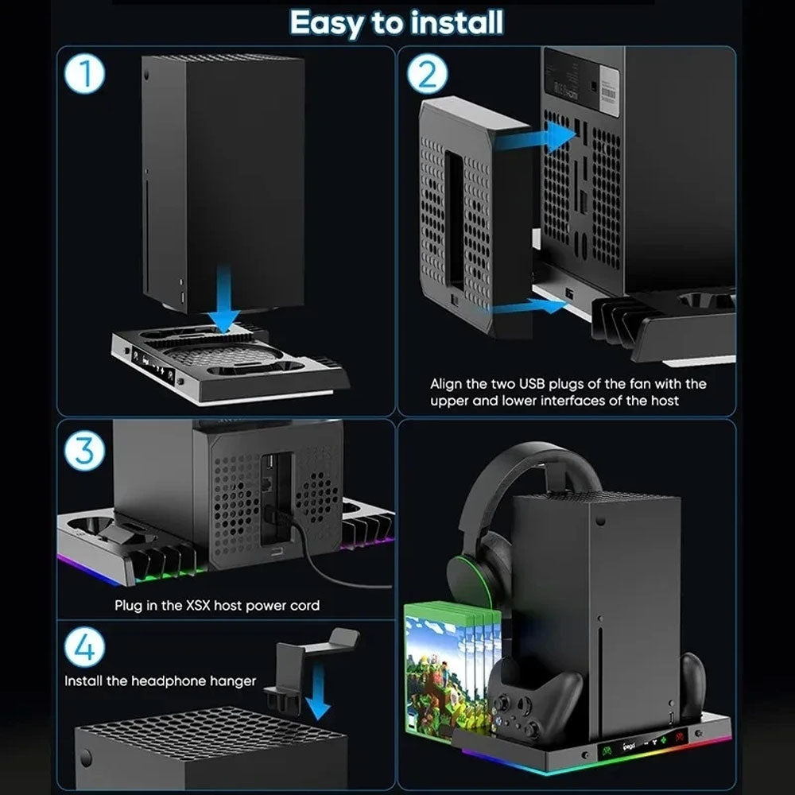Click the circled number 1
pos(85,73)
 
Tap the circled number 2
pos(427,74)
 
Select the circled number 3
pos(85,451)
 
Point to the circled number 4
pos(85,647)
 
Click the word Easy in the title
pos(327,23)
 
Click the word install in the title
pos(457,23)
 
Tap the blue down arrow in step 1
pos(223,297)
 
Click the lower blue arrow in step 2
pos(529,307)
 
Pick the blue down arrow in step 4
pos(319,692)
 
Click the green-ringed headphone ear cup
pos(469,580)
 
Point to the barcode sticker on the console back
pos(608,92)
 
